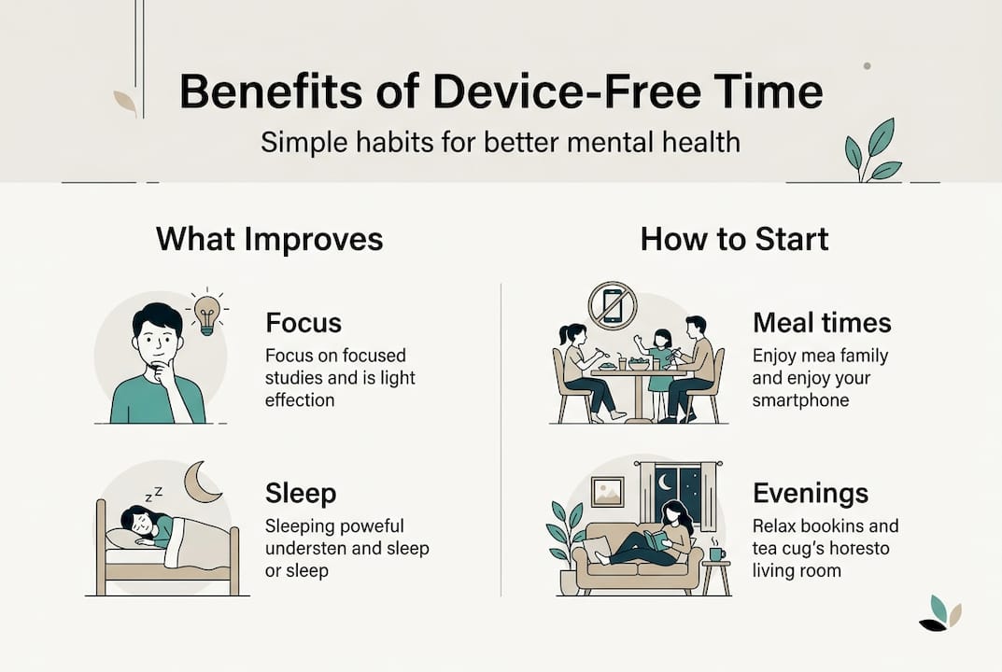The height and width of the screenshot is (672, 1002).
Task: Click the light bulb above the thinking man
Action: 207,315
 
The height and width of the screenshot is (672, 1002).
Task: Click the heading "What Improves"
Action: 270,239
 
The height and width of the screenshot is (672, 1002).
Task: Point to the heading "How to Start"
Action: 734,239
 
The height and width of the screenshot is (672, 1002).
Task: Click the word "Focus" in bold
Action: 303,323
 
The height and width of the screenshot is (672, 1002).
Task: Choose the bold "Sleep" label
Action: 301,494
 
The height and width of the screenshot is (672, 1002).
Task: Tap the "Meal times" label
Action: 822,323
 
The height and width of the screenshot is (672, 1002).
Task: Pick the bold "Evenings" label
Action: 811,494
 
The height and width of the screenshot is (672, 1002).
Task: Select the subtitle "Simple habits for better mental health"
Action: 501,142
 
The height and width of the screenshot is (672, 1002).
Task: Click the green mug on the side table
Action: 716,553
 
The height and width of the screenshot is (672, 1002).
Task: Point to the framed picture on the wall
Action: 607,492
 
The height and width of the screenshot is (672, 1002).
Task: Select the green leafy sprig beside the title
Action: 871,151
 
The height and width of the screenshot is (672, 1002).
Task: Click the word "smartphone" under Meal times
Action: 800,400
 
